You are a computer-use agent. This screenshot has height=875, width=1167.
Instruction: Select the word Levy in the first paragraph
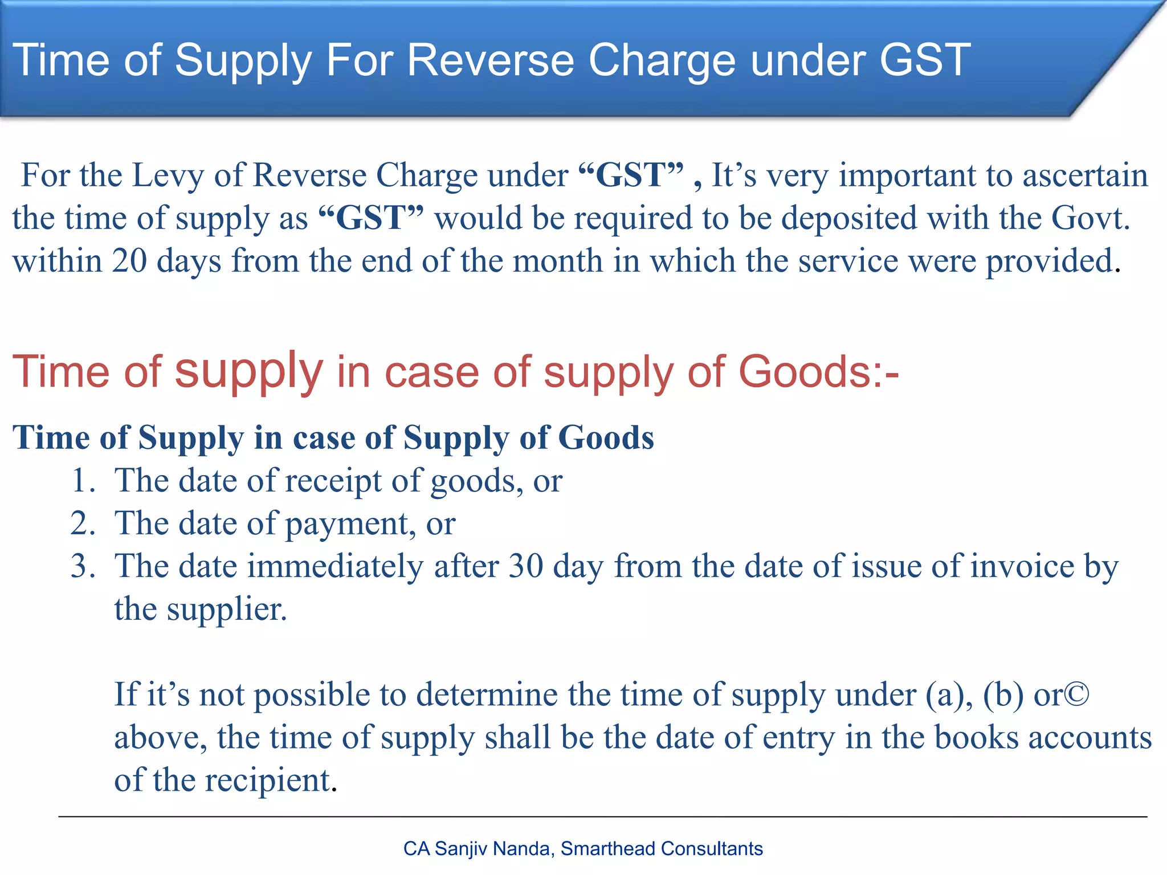click(168, 175)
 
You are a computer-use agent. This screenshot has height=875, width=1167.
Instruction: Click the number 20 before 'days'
click(129, 261)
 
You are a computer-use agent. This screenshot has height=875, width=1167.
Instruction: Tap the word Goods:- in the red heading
click(818, 372)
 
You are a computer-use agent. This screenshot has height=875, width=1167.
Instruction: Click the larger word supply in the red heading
click(248, 372)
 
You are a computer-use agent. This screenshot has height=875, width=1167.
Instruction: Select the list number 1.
click(82, 480)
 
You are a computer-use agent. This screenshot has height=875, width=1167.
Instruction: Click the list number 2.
click(82, 523)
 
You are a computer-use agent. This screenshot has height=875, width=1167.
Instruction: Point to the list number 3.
click(82, 566)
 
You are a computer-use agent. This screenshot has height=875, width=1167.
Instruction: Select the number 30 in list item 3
click(525, 567)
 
